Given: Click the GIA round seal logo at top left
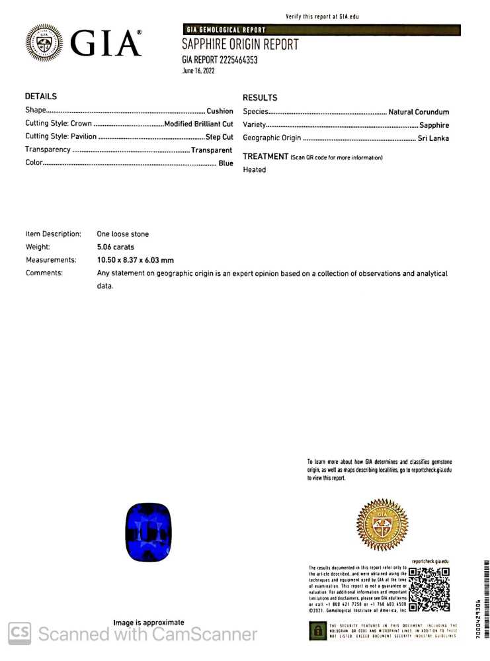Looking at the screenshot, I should coord(44,44).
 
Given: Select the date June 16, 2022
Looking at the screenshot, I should coord(198,71).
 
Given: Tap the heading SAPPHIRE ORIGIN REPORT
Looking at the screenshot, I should coord(240,45).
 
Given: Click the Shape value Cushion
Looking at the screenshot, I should coord(220,111).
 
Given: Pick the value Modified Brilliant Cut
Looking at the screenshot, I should coord(198,124).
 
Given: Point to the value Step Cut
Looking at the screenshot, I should coord(219,137).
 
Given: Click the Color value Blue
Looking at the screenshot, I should coord(225,163).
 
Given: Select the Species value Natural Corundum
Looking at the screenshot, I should coord(419,112).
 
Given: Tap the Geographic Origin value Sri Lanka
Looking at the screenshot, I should coord(433,138).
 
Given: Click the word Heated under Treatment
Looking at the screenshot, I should coord(255,170).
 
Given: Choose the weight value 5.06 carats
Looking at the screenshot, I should coord(116,247).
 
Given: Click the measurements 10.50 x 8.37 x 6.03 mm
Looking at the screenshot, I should coord(136,260).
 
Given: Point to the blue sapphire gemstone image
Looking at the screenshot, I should coord(148,532).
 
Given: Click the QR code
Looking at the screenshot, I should coord(429,589).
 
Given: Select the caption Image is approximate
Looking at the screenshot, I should coord(149,623).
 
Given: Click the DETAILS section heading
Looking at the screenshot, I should coord(41,97).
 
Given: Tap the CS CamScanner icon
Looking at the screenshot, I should coord(19,633).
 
